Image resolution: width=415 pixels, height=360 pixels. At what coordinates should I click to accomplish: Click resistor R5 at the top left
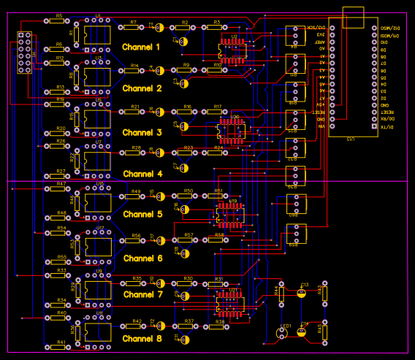point(59,21)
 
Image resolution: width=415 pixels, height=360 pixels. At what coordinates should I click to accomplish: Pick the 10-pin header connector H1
point(24,53)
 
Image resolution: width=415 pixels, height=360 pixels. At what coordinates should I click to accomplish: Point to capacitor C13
point(301,291)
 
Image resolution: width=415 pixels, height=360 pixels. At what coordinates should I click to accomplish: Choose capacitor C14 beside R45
point(302,331)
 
